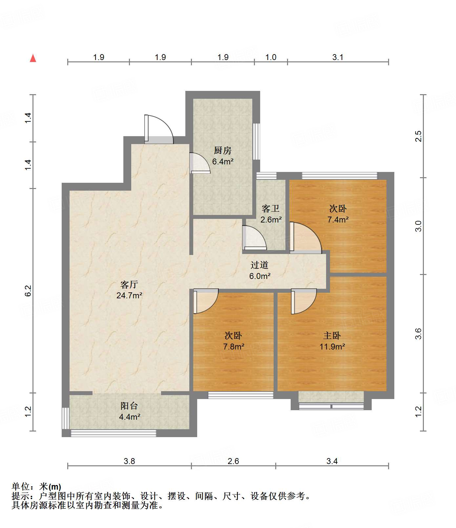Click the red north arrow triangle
[x=33, y=58]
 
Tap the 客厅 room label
[x=129, y=285]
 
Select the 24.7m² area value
[x=129, y=295]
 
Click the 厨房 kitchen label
[x=222, y=150]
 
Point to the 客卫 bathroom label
[x=270, y=208]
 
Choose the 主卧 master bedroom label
[x=332, y=335]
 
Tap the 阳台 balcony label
[x=129, y=406]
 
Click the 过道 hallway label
[x=259, y=265]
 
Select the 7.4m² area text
[x=338, y=220]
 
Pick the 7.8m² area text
[x=234, y=347]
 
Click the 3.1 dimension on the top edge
[x=338, y=57]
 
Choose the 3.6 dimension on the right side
[x=418, y=334]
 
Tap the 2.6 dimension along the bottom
[x=233, y=461]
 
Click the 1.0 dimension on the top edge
[x=271, y=57]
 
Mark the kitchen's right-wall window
[x=257, y=141]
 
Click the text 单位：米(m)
[x=36, y=487]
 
